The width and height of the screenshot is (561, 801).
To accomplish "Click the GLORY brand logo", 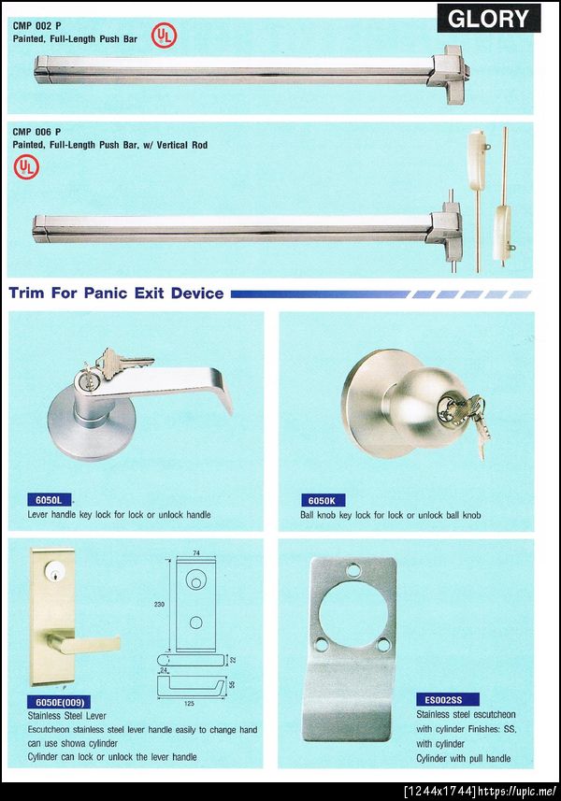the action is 488,19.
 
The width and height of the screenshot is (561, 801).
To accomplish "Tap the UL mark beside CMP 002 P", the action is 164,36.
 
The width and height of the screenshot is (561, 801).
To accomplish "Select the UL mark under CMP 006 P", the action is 26,167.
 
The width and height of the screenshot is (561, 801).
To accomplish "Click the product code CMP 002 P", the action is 36,25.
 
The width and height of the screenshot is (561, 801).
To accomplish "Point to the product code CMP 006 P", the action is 36,132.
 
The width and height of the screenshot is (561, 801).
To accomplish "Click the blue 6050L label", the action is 49,500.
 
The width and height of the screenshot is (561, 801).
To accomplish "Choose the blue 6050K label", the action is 323,501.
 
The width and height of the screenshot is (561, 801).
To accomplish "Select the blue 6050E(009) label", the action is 59,702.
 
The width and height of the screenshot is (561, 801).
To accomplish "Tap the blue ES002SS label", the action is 447,700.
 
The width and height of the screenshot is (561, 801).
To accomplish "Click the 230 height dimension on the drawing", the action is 159,605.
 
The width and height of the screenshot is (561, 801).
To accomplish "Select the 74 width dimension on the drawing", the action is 196,553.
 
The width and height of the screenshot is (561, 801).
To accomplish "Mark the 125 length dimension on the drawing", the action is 189,704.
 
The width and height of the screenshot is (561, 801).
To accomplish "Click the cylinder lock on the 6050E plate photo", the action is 53,571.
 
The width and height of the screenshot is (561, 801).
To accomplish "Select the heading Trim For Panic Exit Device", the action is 116,293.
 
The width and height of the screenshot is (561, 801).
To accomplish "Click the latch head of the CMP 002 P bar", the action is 449,74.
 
